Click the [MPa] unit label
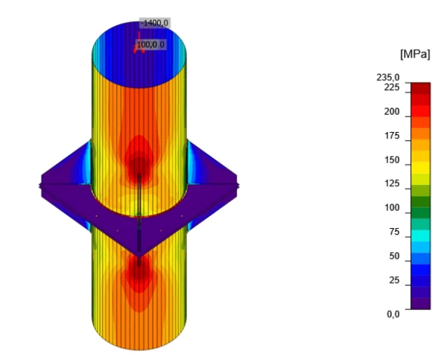pyautogui.click(x=415, y=54)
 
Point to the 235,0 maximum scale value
pyautogui.click(x=388, y=78)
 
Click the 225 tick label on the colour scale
pyautogui.click(x=392, y=87)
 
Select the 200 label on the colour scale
pyautogui.click(x=392, y=112)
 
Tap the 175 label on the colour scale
pyautogui.click(x=392, y=136)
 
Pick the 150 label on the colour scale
pyautogui.click(x=392, y=160)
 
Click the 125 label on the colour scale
pyautogui.click(x=392, y=183)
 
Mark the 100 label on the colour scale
pyautogui.click(x=392, y=208)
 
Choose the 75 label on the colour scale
pyautogui.click(x=394, y=232)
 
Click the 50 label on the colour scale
pyautogui.click(x=394, y=256)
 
